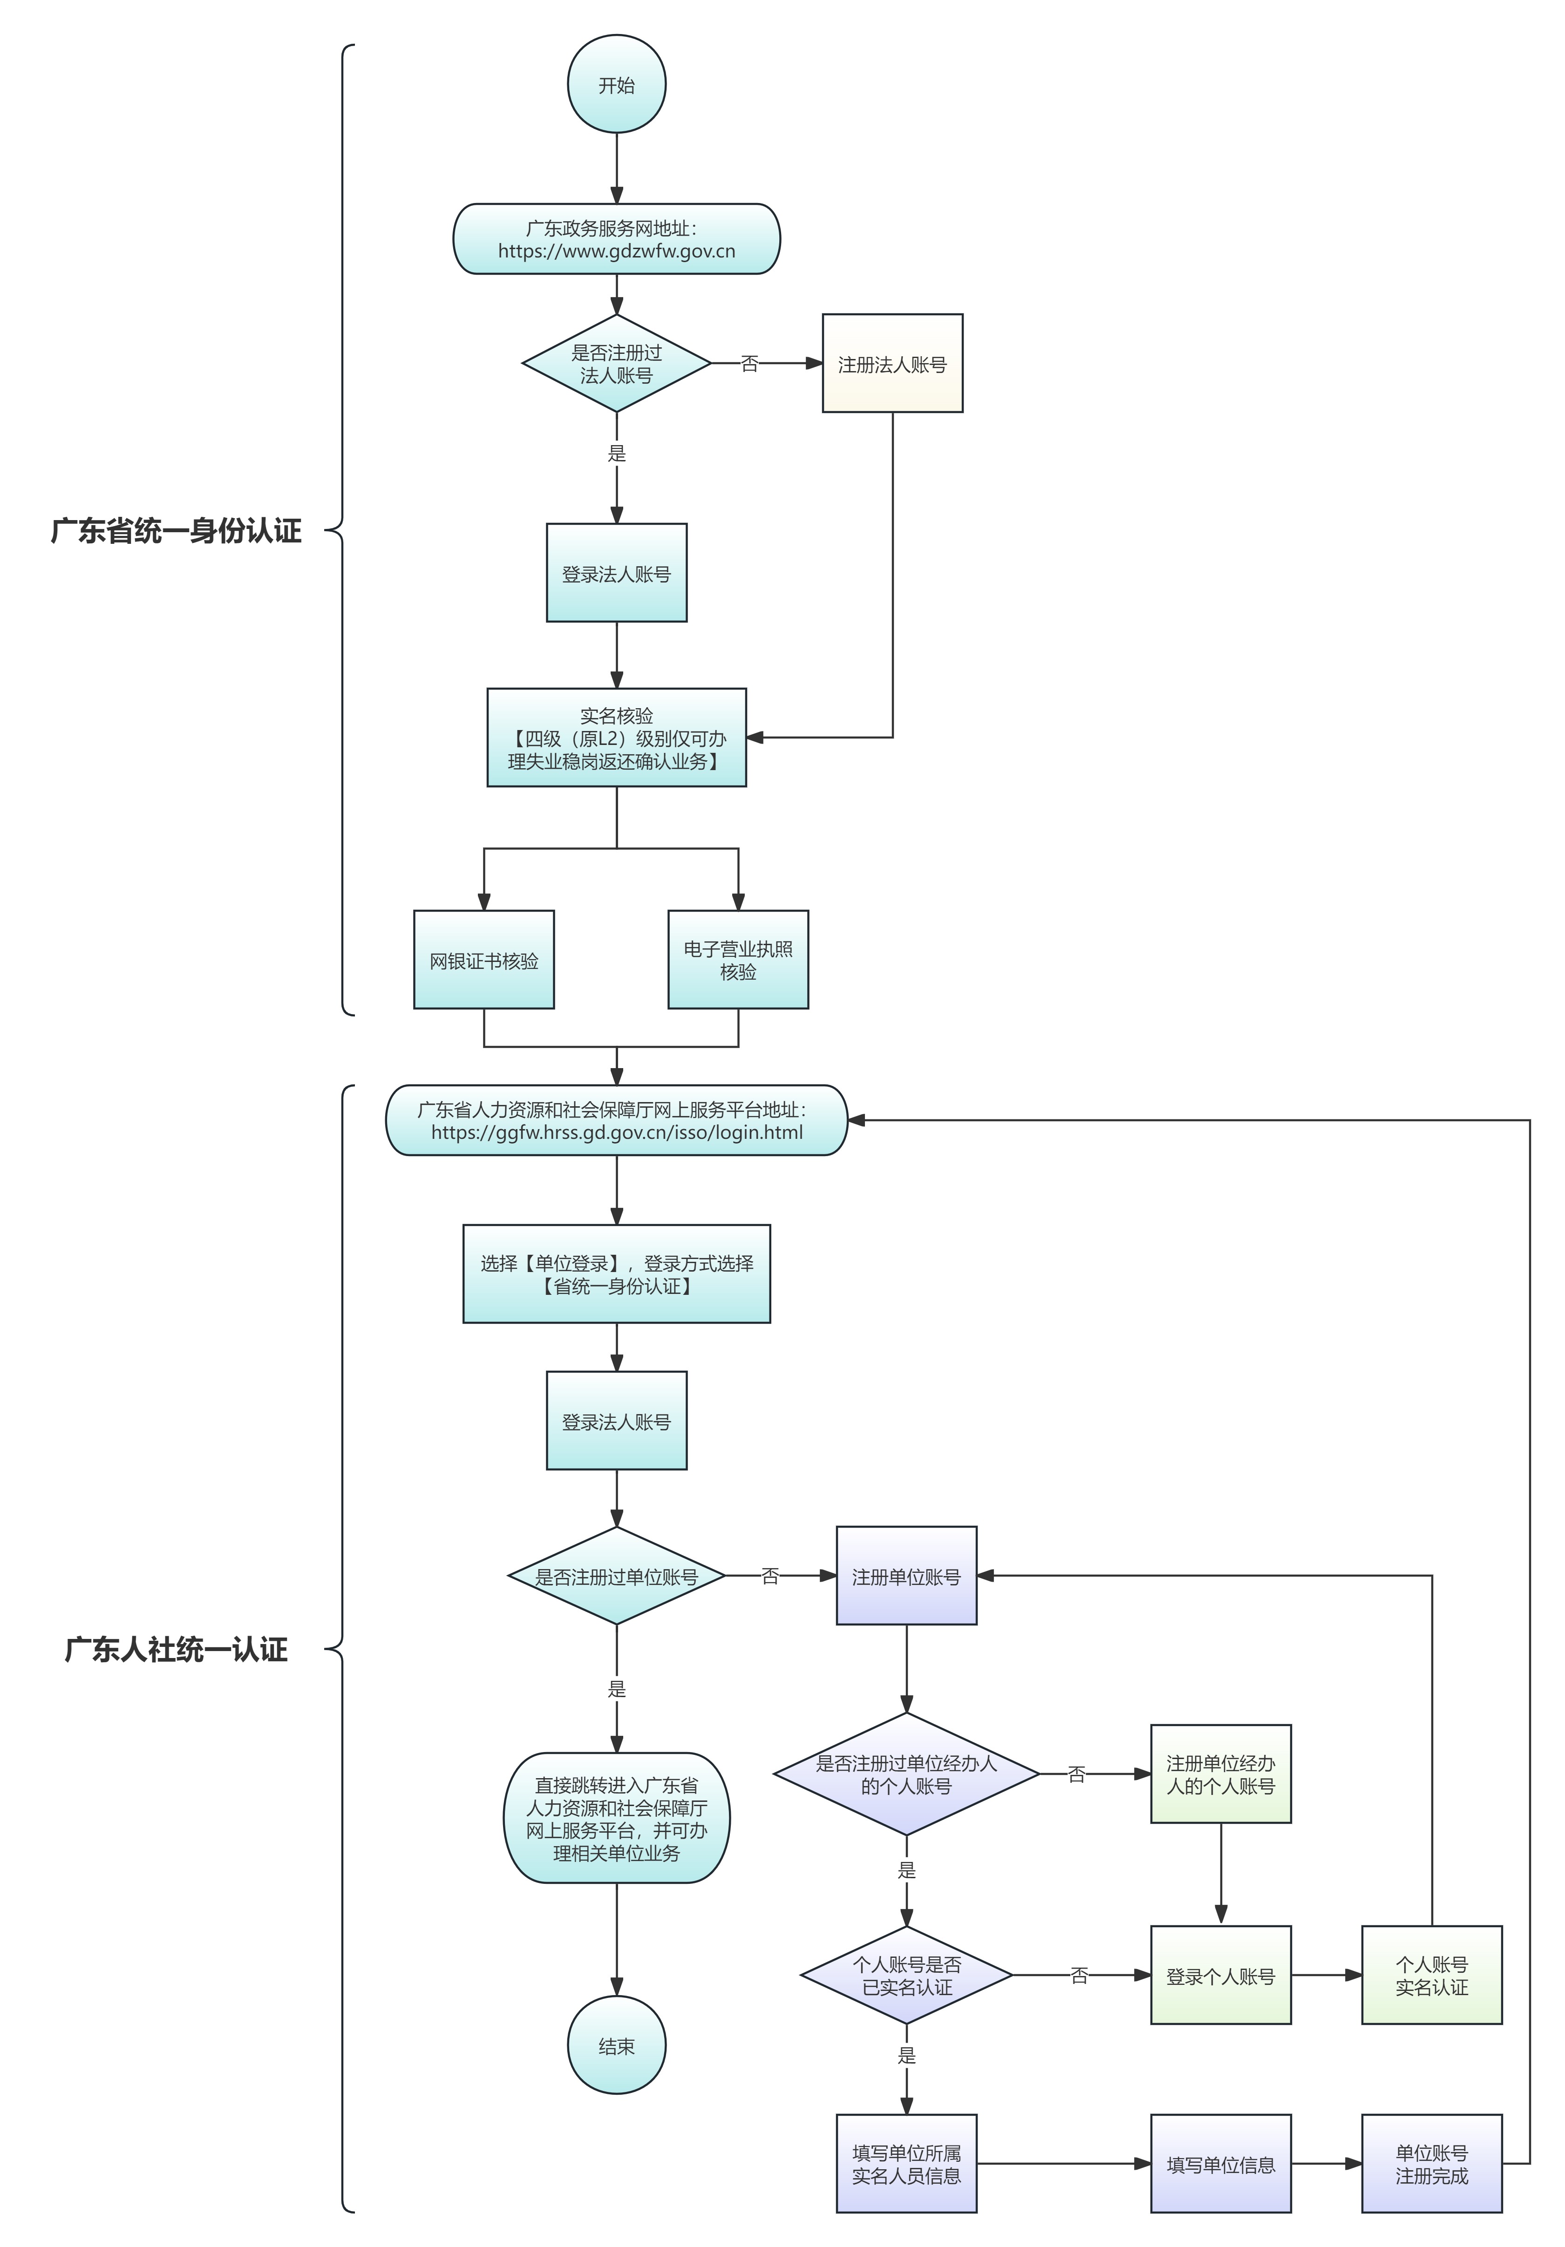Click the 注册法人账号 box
point(891,364)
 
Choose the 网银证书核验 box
point(483,960)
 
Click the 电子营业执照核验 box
point(738,960)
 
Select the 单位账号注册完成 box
point(1431,2164)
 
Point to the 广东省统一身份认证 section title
point(176,531)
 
